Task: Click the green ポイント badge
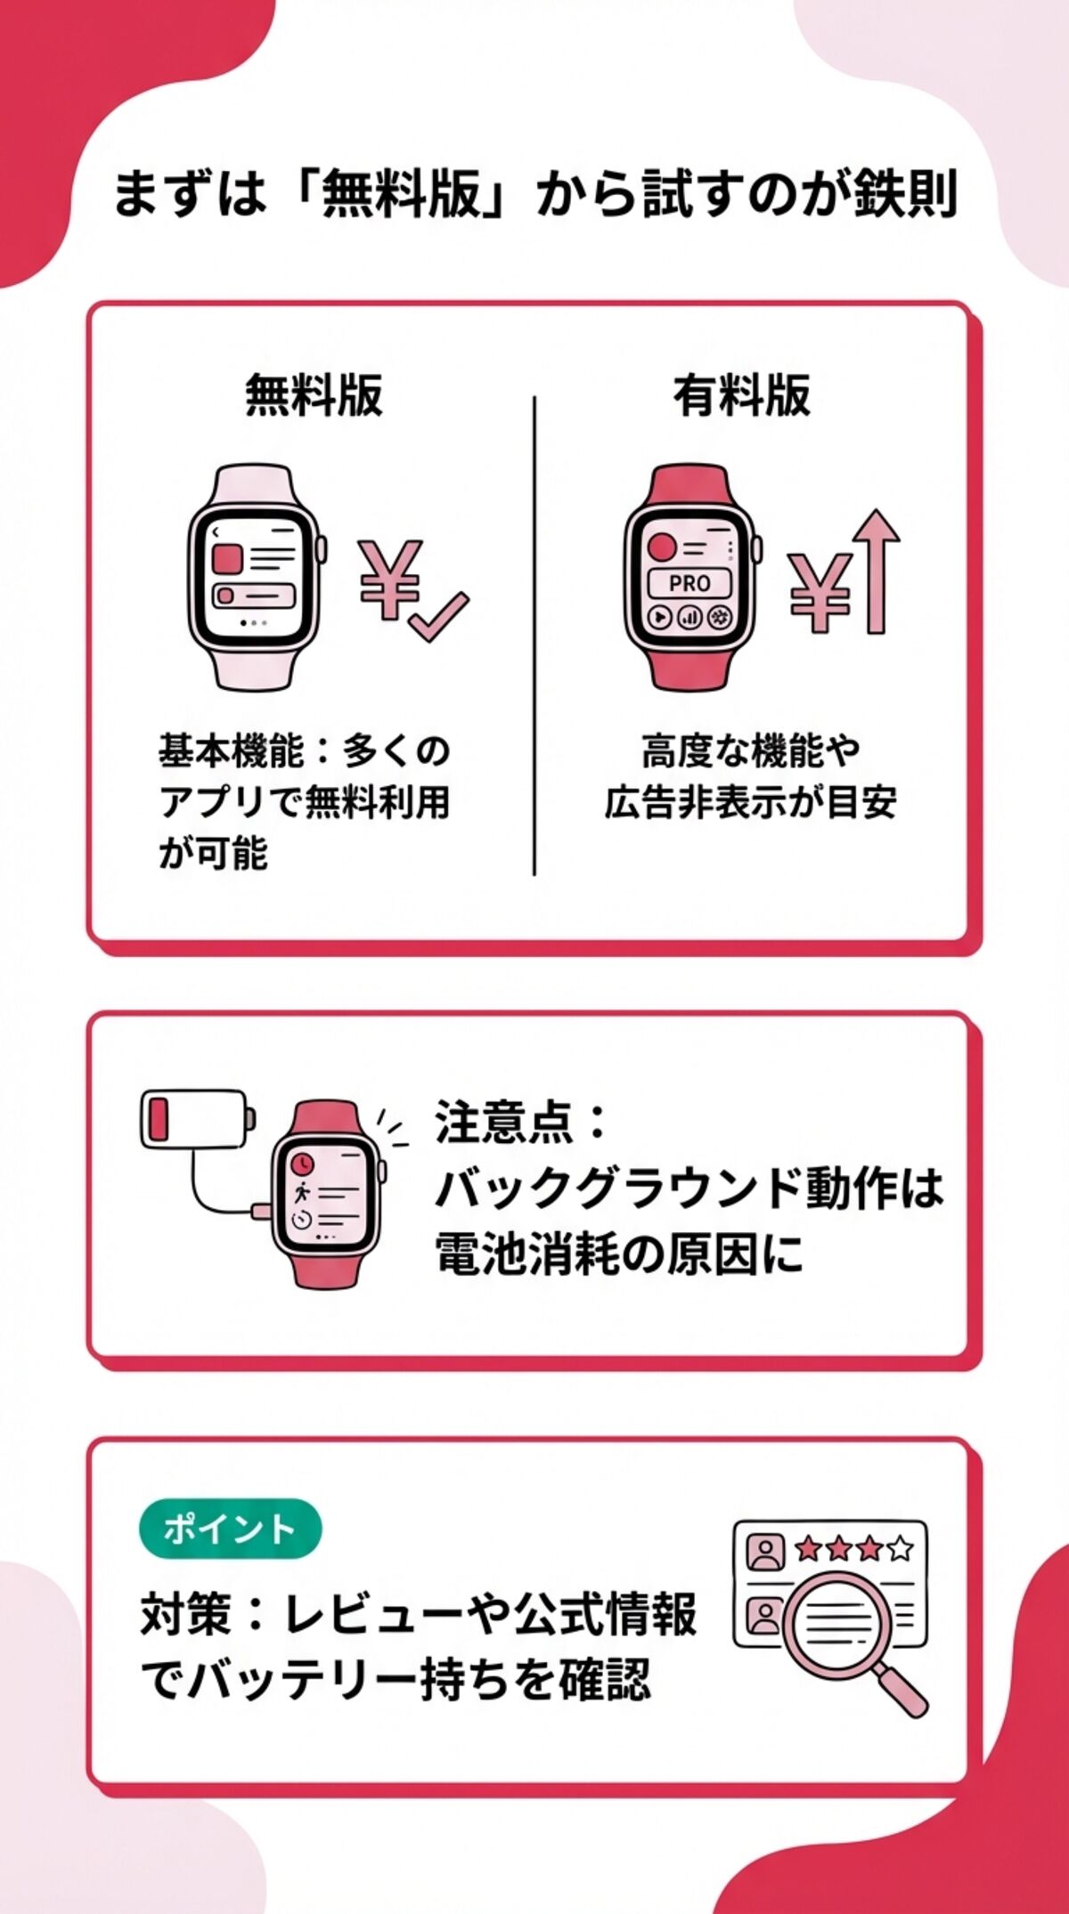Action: pyautogui.click(x=230, y=1529)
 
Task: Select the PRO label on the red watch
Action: pyautogui.click(x=689, y=584)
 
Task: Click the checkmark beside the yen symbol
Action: pyautogui.click(x=438, y=616)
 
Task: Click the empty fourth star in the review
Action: pyautogui.click(x=901, y=1549)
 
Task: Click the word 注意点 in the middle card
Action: pyautogui.click(x=504, y=1121)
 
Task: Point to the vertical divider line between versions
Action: pyautogui.click(x=534, y=637)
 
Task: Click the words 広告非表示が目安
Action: pyautogui.click(x=750, y=802)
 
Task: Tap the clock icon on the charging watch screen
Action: pyautogui.click(x=303, y=1163)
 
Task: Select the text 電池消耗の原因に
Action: pyautogui.click(x=618, y=1254)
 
